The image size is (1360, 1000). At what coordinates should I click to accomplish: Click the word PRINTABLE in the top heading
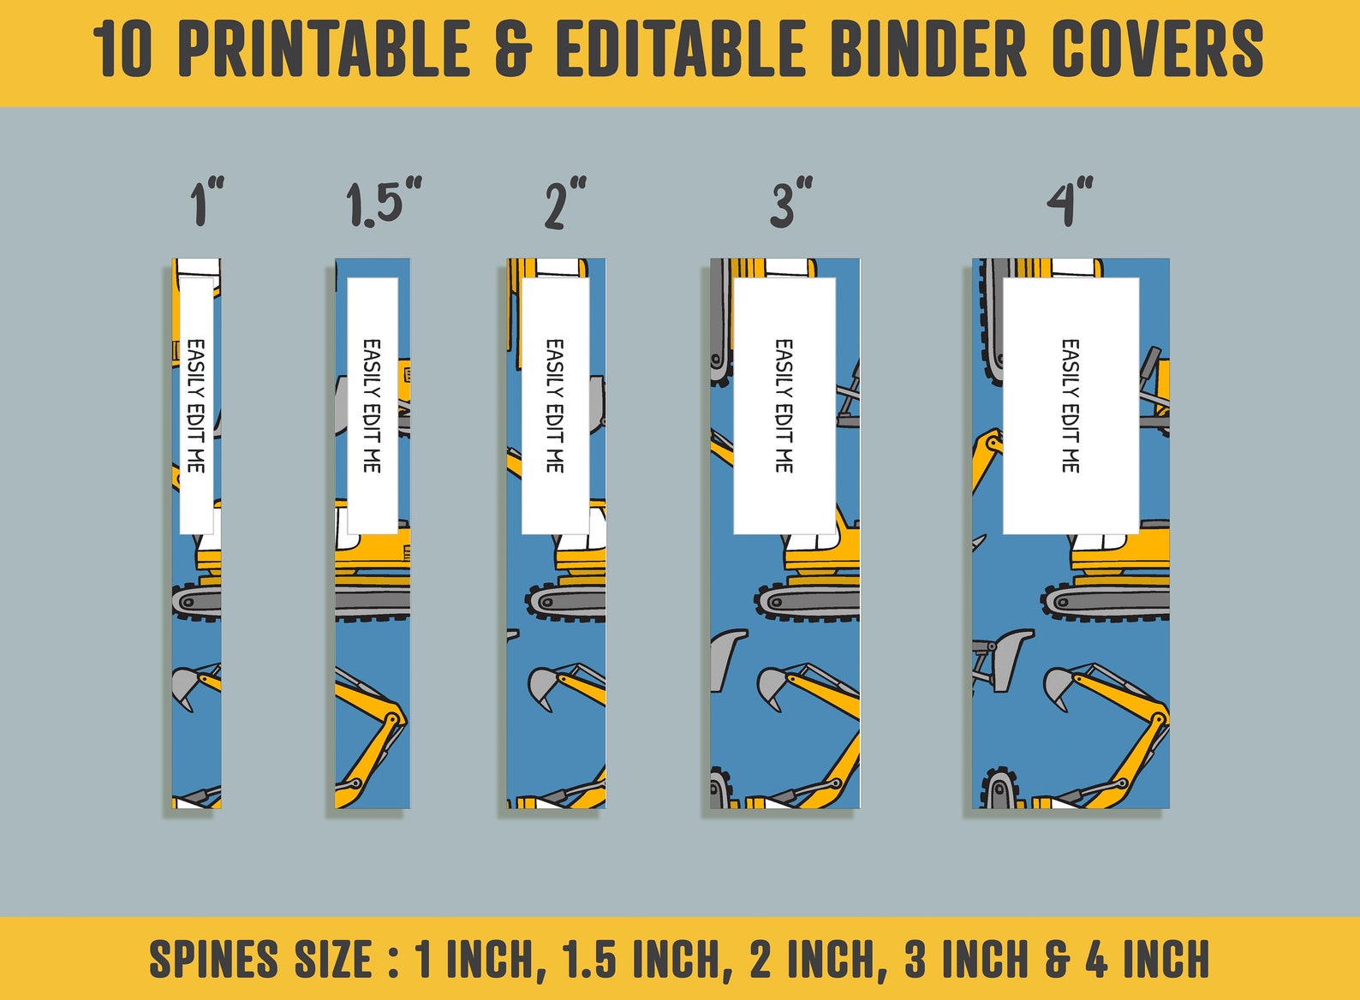tap(325, 51)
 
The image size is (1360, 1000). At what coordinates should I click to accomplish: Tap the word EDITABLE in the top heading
tap(682, 51)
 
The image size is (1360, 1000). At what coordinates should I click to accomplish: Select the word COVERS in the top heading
tap(1157, 51)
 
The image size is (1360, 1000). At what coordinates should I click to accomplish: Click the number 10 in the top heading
tap(122, 51)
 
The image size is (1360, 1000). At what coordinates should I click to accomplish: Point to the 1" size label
tap(206, 203)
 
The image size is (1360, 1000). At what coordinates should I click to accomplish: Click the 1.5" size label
tap(383, 204)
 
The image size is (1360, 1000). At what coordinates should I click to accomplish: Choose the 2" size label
tap(565, 204)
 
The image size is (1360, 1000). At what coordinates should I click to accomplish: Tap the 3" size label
tap(790, 203)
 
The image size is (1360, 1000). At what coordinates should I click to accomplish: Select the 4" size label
tap(1070, 203)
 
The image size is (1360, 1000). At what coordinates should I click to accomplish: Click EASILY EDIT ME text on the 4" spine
tap(1071, 406)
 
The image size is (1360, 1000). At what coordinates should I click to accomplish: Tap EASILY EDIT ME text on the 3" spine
tap(784, 406)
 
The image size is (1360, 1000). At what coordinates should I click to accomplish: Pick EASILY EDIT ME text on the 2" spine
tap(555, 406)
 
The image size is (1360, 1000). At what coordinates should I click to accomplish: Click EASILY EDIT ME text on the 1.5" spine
tap(372, 406)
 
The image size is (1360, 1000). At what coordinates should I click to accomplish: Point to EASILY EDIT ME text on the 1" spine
tap(196, 406)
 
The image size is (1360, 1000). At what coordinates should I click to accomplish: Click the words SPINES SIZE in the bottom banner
tap(261, 960)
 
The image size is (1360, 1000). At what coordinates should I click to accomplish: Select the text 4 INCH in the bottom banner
tap(1148, 960)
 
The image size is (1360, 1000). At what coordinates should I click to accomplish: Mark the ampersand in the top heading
tap(513, 51)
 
